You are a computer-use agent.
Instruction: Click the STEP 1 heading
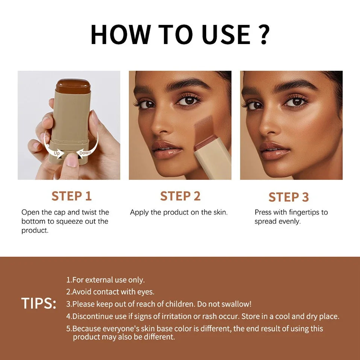pos(71,196)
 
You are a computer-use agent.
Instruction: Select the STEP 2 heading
pos(180,196)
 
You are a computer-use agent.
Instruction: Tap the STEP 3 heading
pos(289,197)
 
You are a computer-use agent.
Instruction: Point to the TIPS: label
pos(39,304)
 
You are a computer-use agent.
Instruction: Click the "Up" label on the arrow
pos(57,153)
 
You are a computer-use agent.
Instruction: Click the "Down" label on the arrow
pos(85,153)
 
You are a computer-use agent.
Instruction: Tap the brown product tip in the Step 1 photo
pos(73,86)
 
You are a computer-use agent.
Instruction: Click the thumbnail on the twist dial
pos(71,161)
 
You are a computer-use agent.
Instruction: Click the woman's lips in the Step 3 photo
pos(274,150)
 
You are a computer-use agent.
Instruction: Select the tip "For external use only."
pos(105,280)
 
